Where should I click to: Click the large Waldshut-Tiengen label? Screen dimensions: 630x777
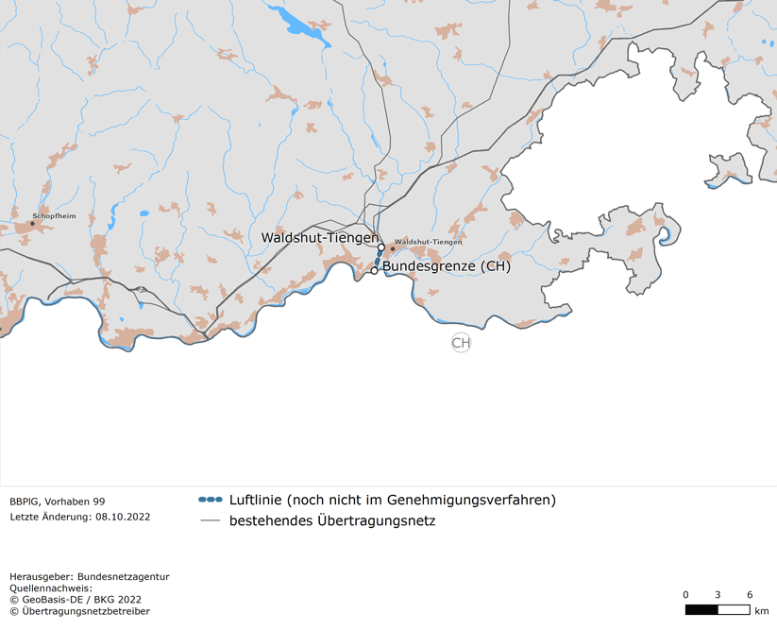click(x=319, y=238)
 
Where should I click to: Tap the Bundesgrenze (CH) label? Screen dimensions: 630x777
click(x=446, y=266)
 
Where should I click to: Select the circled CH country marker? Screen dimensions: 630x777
click(x=461, y=343)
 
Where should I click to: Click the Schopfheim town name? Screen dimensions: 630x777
click(x=54, y=216)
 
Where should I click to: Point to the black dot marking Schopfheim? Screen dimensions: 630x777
click(x=32, y=224)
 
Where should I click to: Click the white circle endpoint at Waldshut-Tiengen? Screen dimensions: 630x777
click(x=381, y=247)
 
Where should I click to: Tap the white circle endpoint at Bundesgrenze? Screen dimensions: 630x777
click(x=375, y=270)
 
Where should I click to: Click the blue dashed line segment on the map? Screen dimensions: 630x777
click(x=379, y=259)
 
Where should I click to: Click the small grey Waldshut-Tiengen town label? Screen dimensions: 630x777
click(x=429, y=242)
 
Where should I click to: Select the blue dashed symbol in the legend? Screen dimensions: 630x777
click(x=211, y=500)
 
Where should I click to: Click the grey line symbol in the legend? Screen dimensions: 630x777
click(x=211, y=520)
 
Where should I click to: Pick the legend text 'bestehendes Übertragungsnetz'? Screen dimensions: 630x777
click(x=332, y=520)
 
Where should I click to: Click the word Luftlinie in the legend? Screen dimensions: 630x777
click(x=257, y=500)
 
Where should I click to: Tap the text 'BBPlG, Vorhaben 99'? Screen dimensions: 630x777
click(x=58, y=502)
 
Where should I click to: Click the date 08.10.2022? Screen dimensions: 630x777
click(x=122, y=517)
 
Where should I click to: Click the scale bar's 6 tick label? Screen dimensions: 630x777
click(x=750, y=594)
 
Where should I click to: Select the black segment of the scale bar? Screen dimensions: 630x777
click(x=701, y=609)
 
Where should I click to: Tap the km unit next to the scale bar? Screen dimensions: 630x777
click(x=763, y=610)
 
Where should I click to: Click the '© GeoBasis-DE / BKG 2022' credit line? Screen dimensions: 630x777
click(x=76, y=599)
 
